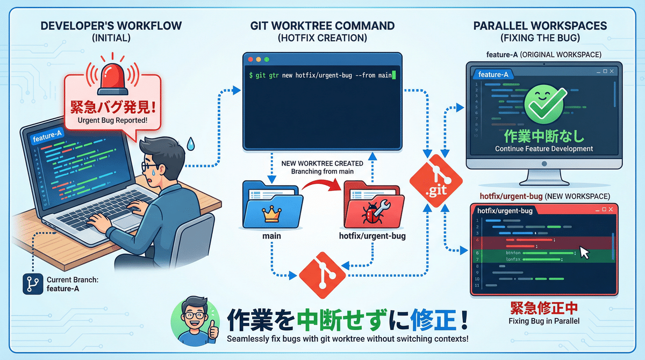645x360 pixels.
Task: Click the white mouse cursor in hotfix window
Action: tap(584, 253)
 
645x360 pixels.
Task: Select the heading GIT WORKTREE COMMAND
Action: tap(322, 26)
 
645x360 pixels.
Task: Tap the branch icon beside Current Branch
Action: tap(33, 284)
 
